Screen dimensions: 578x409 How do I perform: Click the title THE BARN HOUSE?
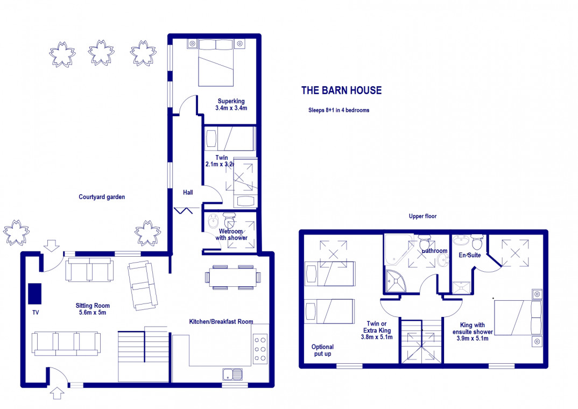pos(341,90)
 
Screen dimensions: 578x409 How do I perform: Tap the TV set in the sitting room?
pos(35,294)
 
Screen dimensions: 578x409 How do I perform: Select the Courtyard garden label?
pos(102,197)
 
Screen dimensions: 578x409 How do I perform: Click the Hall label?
pos(188,192)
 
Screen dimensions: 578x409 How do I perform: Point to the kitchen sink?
pos(232,375)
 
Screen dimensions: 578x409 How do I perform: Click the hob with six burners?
pos(260,349)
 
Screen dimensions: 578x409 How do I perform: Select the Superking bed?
pos(216,63)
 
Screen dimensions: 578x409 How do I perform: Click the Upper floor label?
pos(422,216)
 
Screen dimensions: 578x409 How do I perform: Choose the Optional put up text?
pos(322,350)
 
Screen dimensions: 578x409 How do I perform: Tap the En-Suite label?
pos(470,255)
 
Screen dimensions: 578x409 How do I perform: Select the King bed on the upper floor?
pos(518,318)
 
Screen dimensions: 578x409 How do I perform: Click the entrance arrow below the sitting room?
pos(57,393)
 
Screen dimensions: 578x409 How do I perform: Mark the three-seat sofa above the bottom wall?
pos(66,344)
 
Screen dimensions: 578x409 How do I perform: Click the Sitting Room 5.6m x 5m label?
pos(93,309)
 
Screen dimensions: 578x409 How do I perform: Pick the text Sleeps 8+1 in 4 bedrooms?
pos(339,110)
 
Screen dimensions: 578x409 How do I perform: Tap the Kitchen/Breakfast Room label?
pos(221,322)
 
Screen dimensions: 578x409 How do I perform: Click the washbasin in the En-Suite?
pos(461,241)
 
